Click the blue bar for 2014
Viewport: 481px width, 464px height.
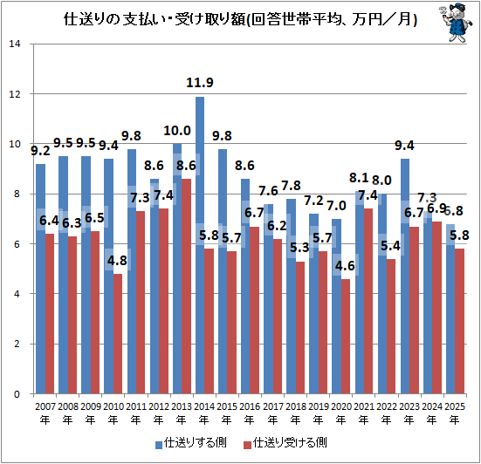(200, 245)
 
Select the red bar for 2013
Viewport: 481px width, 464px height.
(186, 286)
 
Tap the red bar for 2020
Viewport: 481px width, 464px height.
(346, 336)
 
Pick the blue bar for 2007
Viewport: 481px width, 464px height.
(40, 279)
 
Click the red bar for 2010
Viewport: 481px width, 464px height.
(118, 334)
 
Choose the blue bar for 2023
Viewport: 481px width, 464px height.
(405, 276)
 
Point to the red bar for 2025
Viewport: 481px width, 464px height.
(459, 321)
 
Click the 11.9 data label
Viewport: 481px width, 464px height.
(200, 83)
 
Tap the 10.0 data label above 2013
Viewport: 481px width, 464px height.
(177, 131)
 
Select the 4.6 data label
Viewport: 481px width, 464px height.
(345, 266)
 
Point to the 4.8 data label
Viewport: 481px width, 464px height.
(117, 261)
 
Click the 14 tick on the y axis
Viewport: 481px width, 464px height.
(15, 44)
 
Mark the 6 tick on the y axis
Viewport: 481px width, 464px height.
(17, 244)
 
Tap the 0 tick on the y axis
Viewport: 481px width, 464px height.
(17, 394)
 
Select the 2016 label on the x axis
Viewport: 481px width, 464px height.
(250, 406)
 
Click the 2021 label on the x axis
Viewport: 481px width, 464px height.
(363, 406)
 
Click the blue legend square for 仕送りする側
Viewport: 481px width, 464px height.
(159, 445)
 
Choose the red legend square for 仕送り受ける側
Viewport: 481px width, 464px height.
(247, 445)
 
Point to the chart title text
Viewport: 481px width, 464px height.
(240, 19)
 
